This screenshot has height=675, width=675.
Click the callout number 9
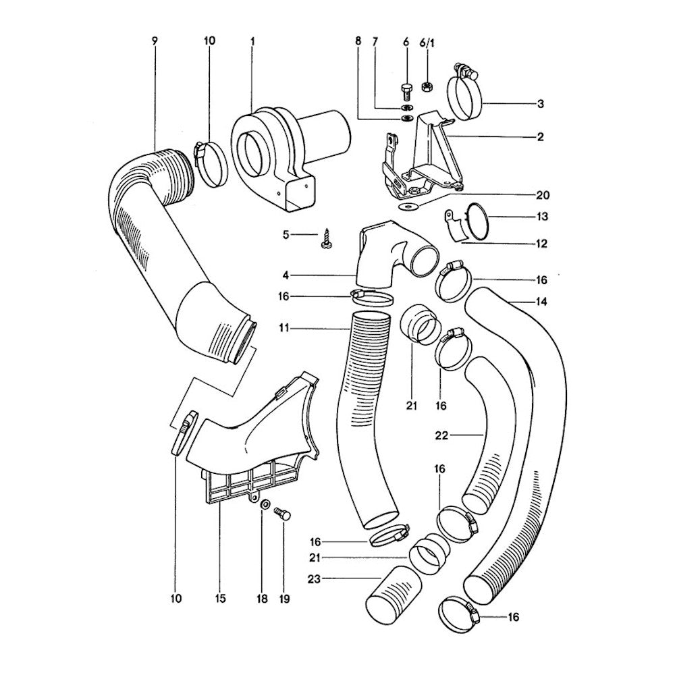[155, 41]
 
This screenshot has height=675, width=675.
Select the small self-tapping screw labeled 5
[324, 238]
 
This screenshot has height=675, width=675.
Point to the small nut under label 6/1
[428, 86]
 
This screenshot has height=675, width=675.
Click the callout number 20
[543, 195]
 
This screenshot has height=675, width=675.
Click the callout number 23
[315, 579]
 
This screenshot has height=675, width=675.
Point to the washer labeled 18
[265, 504]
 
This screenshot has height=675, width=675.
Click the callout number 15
[220, 598]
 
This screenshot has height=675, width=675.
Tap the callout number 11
[283, 329]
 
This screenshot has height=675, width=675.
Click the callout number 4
[286, 274]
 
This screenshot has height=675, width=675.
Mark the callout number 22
[441, 435]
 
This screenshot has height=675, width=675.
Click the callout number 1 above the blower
[252, 41]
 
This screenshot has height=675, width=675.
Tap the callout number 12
[541, 244]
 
